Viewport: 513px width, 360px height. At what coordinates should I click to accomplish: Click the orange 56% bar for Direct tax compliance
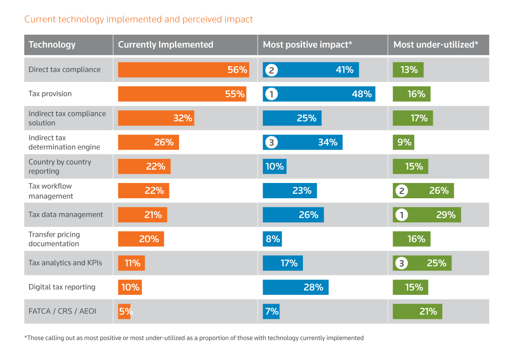(183, 70)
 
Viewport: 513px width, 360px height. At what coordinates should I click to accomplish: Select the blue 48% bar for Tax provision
(319, 94)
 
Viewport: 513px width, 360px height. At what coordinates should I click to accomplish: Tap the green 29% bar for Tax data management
(427, 214)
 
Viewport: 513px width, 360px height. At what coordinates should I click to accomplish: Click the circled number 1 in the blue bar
(272, 94)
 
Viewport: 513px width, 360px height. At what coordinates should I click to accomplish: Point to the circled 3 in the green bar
(401, 263)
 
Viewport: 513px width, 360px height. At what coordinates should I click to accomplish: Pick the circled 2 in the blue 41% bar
(272, 70)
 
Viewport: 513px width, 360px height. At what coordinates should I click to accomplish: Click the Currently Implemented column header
(165, 45)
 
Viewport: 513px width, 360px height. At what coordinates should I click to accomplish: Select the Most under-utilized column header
(435, 45)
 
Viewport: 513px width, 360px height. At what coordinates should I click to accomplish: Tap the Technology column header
(52, 45)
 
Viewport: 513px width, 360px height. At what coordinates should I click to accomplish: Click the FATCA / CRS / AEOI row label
(62, 311)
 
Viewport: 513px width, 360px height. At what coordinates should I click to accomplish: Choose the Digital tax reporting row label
(62, 287)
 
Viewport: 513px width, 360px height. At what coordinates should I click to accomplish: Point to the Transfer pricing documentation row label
(54, 239)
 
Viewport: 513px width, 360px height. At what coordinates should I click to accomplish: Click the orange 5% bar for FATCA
(124, 311)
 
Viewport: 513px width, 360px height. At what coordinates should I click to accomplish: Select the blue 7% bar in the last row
(271, 311)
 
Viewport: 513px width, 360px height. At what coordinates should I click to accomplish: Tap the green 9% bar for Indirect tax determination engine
(403, 142)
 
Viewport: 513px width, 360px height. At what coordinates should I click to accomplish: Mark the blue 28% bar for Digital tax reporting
(296, 287)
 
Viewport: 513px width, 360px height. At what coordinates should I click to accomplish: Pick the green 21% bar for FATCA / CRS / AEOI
(417, 311)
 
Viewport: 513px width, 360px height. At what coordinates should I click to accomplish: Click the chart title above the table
(139, 19)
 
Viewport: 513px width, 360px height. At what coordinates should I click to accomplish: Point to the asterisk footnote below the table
(194, 338)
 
